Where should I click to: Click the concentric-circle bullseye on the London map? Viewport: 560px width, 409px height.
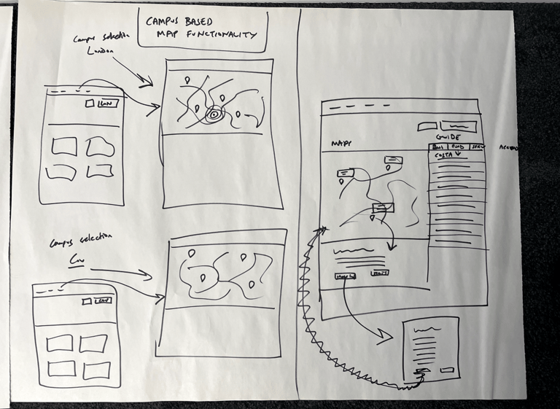(x=215, y=114)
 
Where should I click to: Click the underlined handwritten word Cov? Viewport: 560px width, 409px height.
(x=74, y=259)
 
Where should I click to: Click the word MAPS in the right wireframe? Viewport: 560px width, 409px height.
(x=342, y=142)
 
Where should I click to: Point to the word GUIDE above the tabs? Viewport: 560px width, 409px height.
(x=447, y=137)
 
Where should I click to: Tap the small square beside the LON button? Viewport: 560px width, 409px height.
(x=89, y=104)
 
